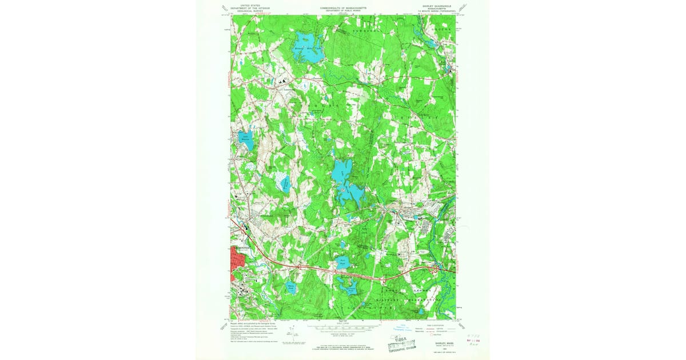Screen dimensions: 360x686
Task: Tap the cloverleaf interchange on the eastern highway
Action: (x=434, y=267)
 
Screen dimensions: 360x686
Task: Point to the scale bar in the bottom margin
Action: (x=343, y=328)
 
